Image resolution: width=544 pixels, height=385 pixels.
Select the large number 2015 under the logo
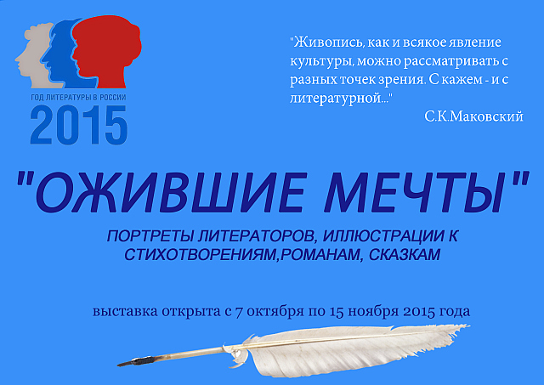click(79, 125)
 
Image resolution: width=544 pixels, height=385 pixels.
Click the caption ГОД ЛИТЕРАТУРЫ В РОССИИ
click(78, 98)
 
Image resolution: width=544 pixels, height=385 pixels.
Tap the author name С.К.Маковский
click(473, 117)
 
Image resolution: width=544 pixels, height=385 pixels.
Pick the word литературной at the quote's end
click(335, 99)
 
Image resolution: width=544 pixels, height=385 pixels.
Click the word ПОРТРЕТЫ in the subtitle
click(150, 236)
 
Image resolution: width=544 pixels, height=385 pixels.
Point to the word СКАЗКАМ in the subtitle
click(405, 255)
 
